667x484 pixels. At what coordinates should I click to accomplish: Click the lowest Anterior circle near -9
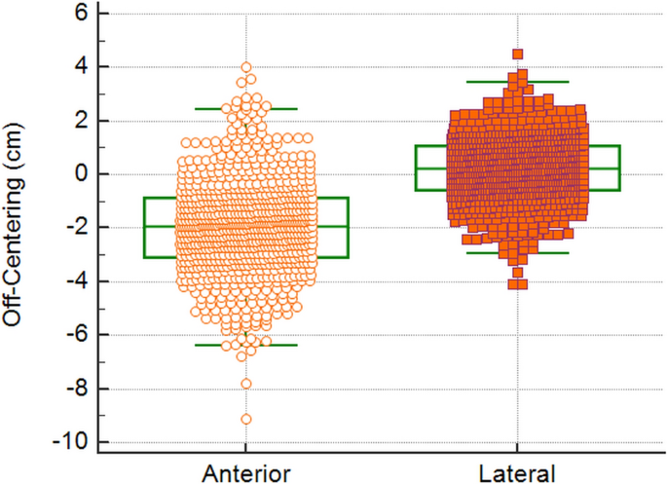(246, 419)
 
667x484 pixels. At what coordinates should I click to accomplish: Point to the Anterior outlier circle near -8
(246, 383)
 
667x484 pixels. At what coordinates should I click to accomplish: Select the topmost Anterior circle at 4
(246, 68)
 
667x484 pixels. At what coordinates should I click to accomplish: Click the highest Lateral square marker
(518, 55)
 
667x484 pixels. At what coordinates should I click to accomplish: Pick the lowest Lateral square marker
(518, 284)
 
